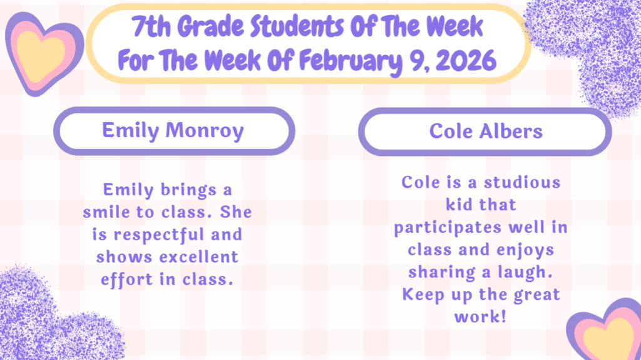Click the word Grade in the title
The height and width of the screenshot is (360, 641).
(x=210, y=26)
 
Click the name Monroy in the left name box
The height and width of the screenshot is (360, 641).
(x=205, y=131)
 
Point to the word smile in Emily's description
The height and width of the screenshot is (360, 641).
(x=105, y=212)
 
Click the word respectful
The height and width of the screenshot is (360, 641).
(x=157, y=235)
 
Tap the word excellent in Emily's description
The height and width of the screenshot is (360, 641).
(x=198, y=257)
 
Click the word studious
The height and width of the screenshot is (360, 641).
(x=522, y=182)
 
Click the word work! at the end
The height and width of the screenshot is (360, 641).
(x=480, y=317)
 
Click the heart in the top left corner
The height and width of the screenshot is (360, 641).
(x=44, y=53)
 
